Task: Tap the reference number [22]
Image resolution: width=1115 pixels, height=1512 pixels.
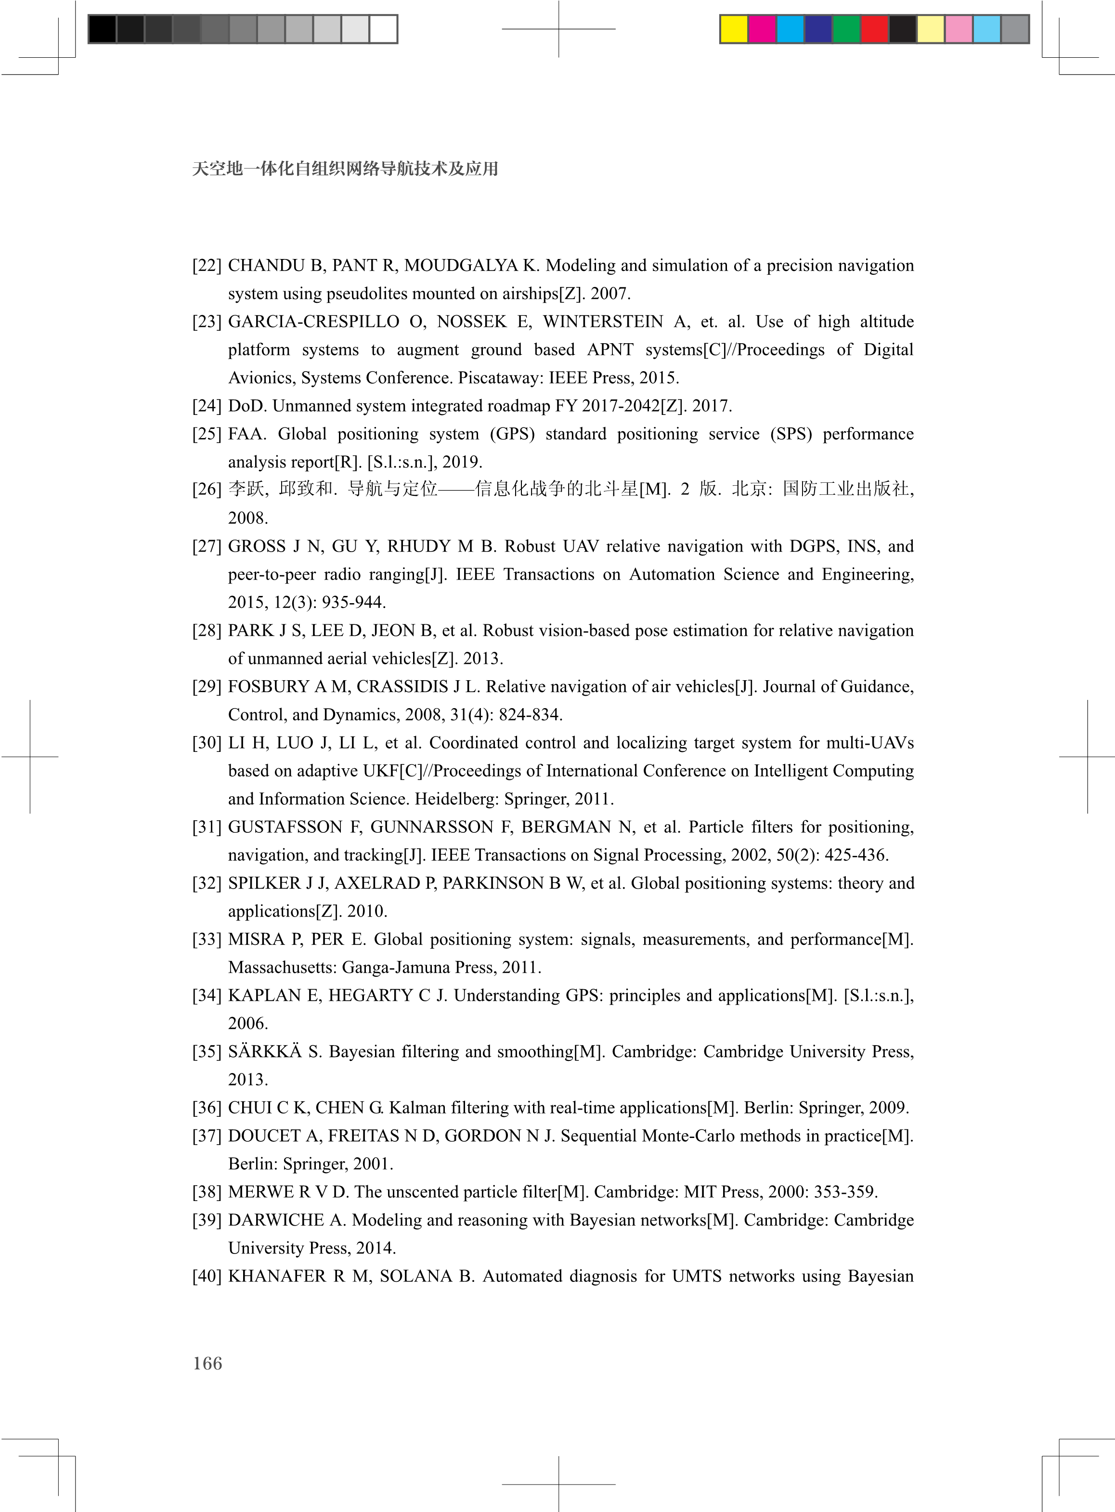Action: click(207, 265)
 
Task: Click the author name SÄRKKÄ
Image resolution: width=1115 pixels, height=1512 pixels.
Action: click(265, 1052)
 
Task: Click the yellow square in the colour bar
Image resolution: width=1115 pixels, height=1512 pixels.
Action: click(734, 29)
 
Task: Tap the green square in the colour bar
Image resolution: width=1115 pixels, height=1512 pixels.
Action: click(846, 29)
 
